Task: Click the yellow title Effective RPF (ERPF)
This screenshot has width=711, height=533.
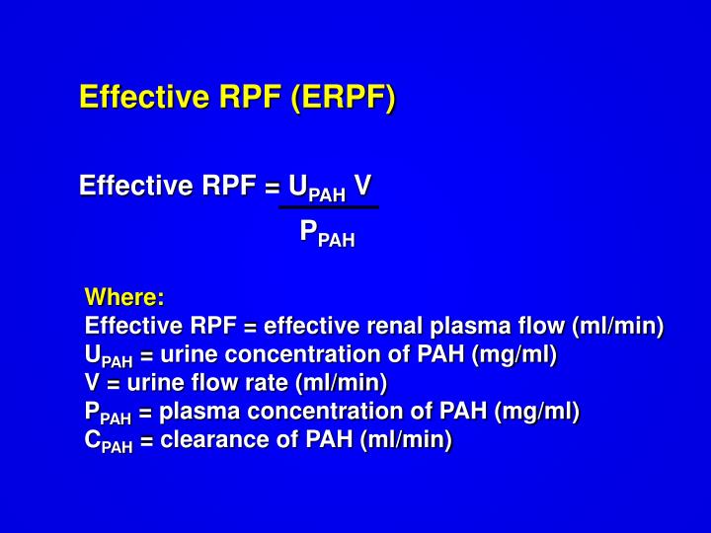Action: pos(237,98)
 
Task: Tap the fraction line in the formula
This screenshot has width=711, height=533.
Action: pos(328,207)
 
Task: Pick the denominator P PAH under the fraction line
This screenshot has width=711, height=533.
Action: pos(327,234)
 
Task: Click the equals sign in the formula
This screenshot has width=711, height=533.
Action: pos(272,187)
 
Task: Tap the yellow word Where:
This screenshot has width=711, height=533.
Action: pos(124,297)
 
